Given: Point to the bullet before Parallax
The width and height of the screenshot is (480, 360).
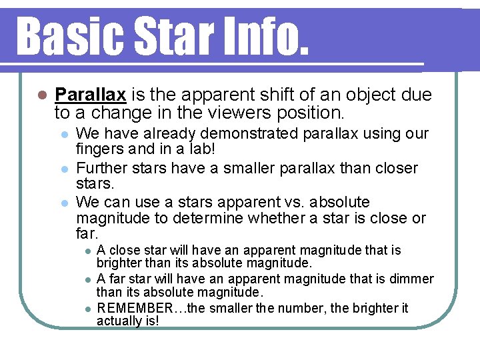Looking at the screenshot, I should (x=42, y=95).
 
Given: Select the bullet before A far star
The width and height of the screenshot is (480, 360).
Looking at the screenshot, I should (x=85, y=279).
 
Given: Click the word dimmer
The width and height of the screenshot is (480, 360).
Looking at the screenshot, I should (x=412, y=279).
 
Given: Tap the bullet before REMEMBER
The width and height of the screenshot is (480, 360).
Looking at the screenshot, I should (x=85, y=309).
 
